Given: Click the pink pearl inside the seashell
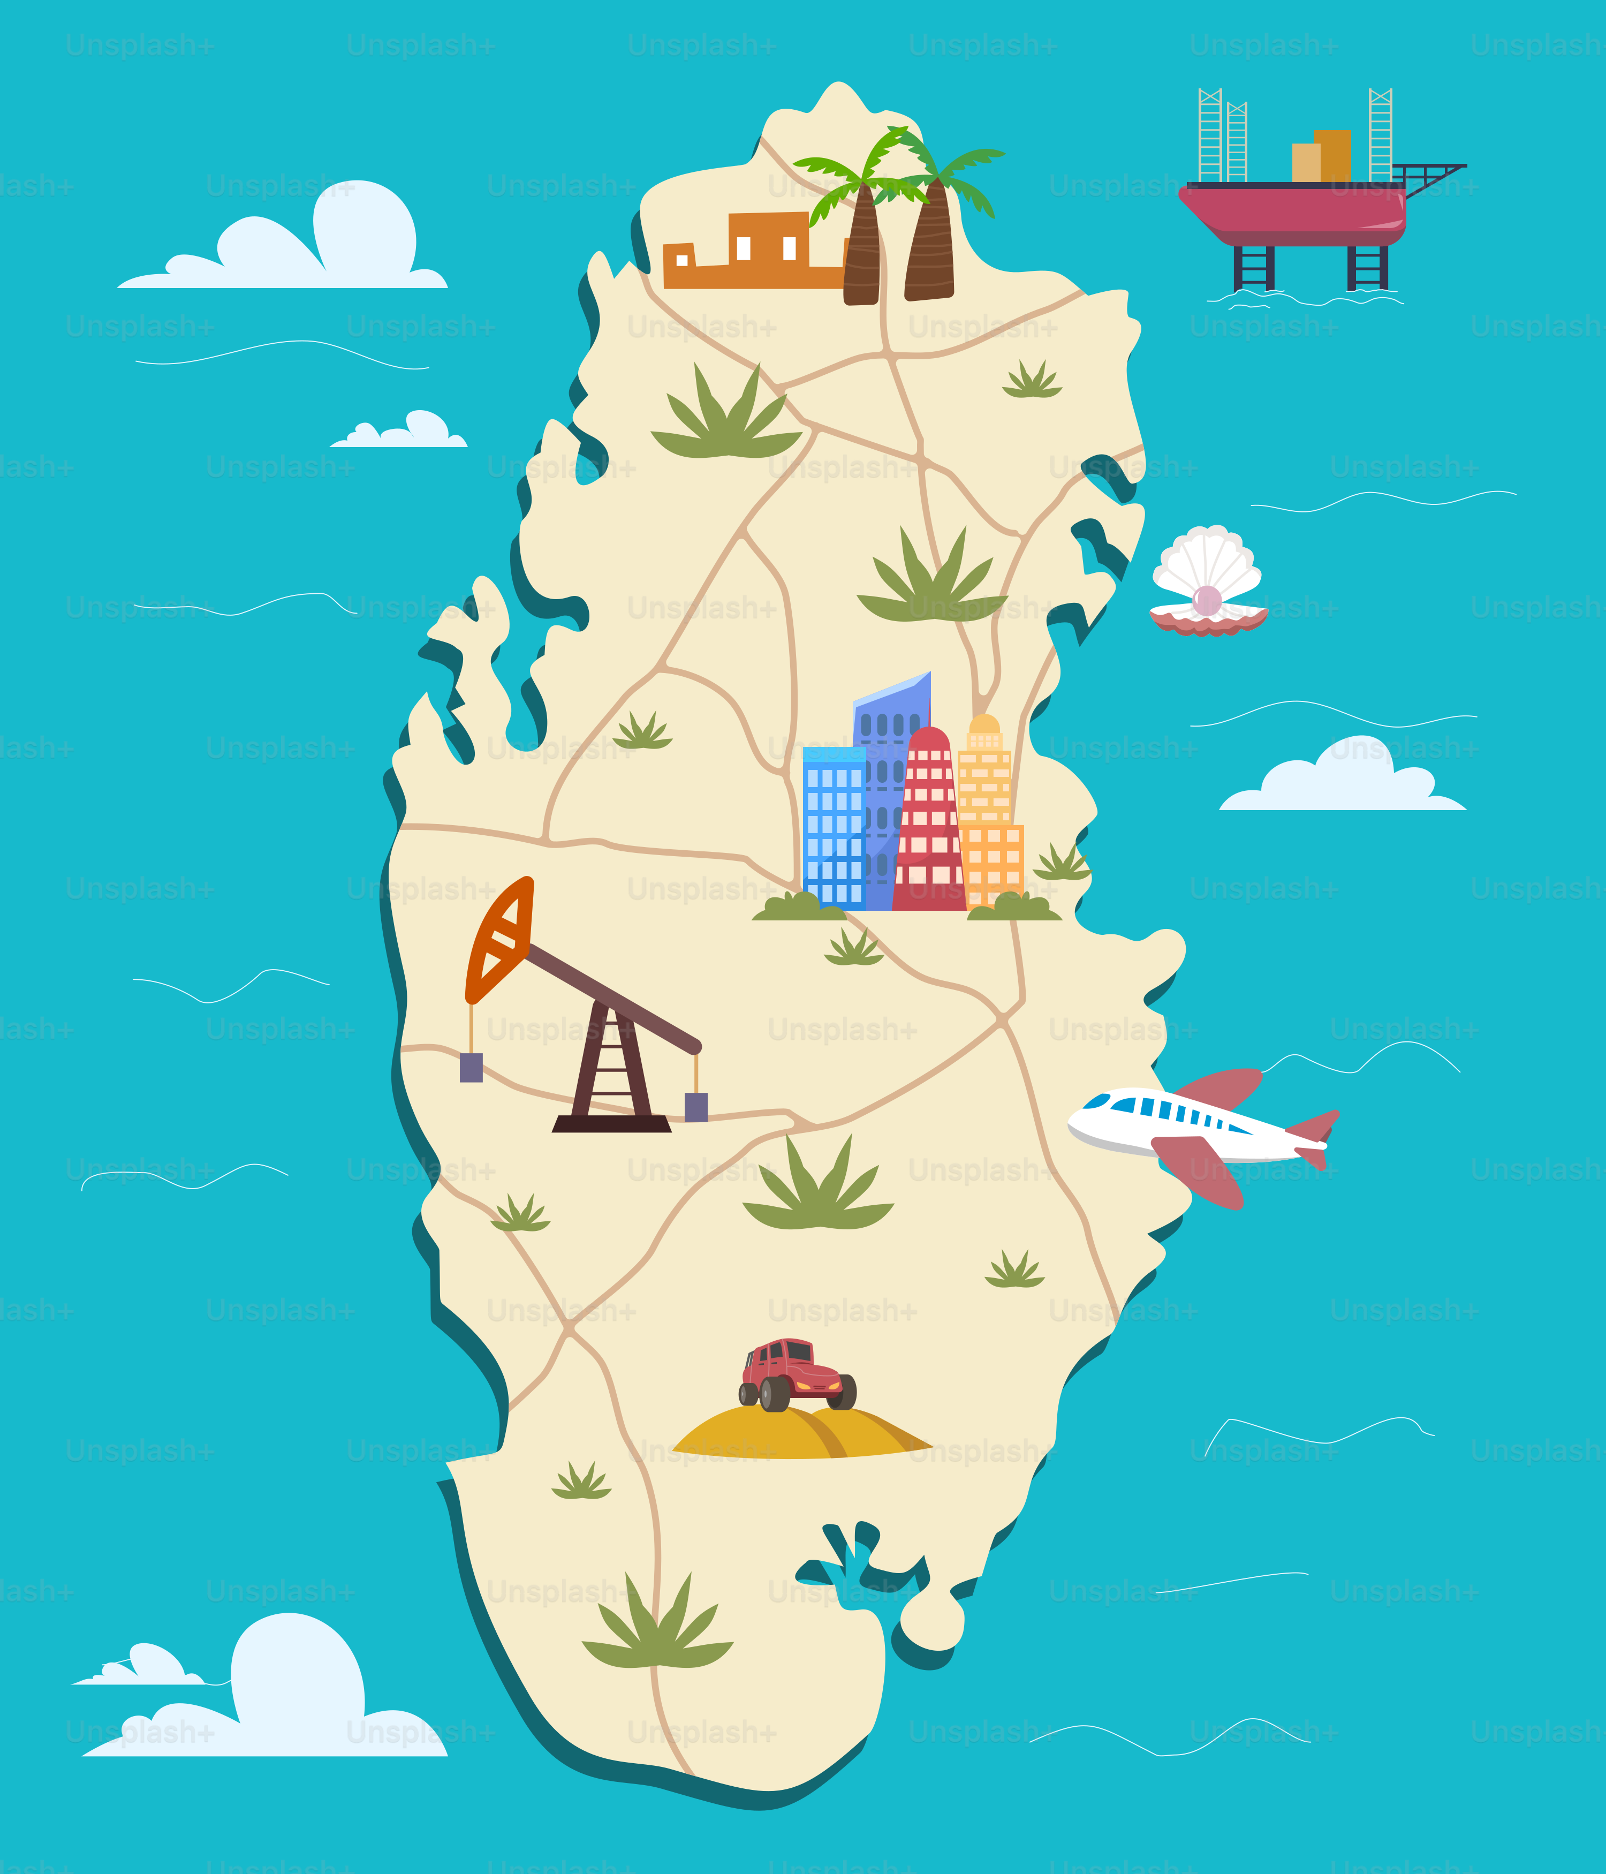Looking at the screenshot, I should point(1207,600).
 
